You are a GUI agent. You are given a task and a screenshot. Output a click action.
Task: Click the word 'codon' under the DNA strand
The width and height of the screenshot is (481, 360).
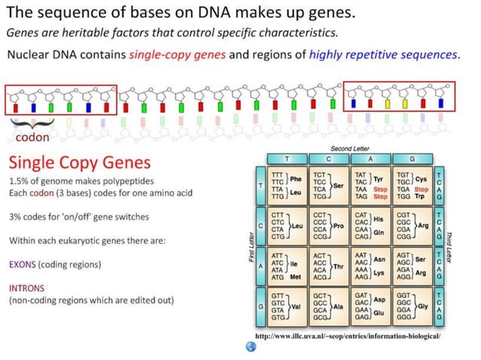coord(33,138)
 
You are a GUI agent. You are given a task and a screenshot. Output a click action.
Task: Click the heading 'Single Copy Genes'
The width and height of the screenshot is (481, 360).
coord(79,163)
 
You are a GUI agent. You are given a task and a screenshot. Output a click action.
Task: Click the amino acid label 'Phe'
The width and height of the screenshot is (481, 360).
coord(296,178)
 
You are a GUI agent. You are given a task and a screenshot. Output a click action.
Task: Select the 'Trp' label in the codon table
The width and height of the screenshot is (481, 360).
coord(421,197)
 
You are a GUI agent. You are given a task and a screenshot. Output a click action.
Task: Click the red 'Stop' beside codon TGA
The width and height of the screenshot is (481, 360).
coord(421,190)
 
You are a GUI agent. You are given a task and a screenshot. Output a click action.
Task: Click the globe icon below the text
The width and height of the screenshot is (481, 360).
coord(251,346)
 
